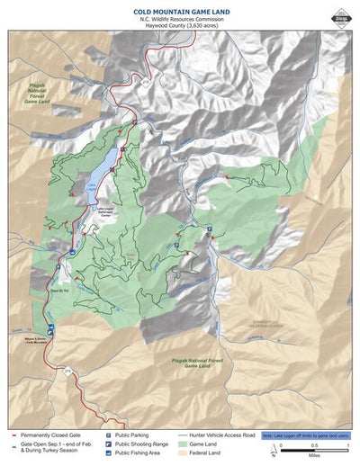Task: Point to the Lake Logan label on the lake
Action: point(91,189)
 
